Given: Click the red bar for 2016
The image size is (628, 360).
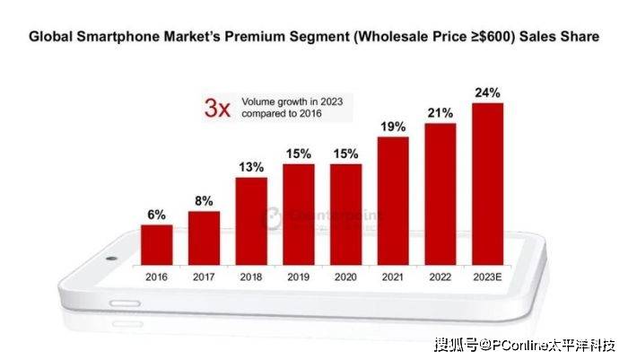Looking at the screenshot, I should [x=157, y=244].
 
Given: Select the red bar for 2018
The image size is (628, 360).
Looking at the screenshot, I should [x=251, y=221].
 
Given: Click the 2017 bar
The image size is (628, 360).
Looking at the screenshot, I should [x=204, y=238].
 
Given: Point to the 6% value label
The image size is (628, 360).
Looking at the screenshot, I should [x=157, y=215].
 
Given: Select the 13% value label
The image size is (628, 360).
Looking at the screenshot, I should [x=251, y=167].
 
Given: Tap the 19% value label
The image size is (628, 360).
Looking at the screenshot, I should [x=393, y=127].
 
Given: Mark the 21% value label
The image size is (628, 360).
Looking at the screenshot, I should [x=440, y=113].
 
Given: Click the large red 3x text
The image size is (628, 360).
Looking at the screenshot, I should [x=218, y=110].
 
